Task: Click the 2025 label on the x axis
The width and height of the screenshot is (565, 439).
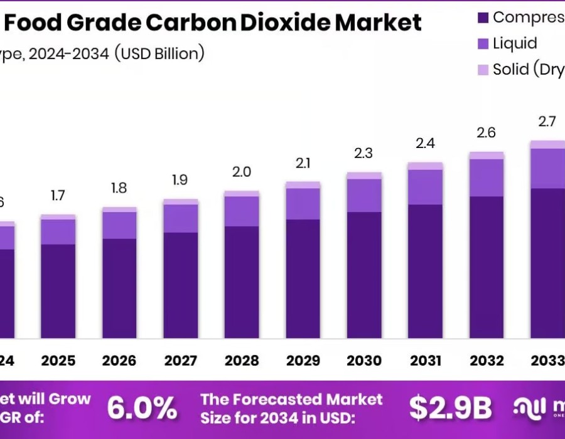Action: coord(58,361)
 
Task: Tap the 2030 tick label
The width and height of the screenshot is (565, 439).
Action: coord(364,361)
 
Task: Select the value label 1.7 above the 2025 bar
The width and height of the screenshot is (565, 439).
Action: coord(58,196)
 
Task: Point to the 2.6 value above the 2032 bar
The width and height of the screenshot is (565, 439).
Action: coord(487,133)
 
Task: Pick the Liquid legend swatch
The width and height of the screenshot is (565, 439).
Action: coord(483,43)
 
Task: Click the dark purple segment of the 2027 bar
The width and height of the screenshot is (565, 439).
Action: coord(181,285)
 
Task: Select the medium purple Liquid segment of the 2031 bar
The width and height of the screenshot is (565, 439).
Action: coord(425,187)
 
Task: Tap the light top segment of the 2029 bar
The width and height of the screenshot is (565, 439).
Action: coord(303,185)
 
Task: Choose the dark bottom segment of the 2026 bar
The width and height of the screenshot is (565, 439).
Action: coord(119,288)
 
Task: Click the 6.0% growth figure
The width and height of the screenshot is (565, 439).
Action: coord(142,408)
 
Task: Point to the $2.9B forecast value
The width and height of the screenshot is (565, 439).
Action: coord(450,408)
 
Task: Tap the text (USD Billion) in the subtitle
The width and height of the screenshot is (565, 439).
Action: coord(159,53)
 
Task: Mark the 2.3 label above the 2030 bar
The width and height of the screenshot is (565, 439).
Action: coord(364,153)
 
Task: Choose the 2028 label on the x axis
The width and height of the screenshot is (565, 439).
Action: coord(242,361)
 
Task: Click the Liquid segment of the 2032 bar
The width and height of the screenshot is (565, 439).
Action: coord(487,177)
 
